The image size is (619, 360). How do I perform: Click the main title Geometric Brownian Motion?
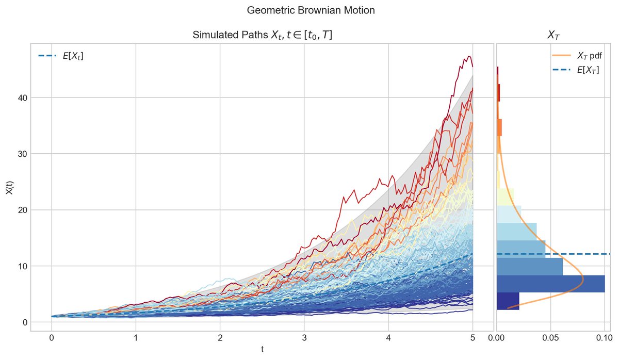pyautogui.click(x=309, y=10)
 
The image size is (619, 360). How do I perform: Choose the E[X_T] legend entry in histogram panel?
pyautogui.click(x=588, y=70)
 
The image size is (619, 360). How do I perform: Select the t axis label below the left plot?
pyautogui.click(x=262, y=350)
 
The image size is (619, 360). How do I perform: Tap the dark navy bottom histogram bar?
pyautogui.click(x=508, y=301)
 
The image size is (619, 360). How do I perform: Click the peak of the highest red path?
pyautogui.click(x=469, y=57)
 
